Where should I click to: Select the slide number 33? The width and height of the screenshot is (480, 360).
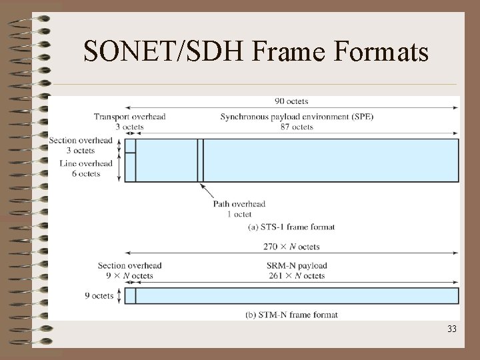451,329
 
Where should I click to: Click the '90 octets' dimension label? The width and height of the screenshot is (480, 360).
291,101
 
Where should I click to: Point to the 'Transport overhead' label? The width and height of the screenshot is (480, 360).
129,117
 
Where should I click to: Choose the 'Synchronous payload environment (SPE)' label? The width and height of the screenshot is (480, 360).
297,117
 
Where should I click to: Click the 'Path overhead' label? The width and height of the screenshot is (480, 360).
239,204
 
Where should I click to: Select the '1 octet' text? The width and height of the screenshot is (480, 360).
239,214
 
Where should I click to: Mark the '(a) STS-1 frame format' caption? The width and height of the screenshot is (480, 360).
291,227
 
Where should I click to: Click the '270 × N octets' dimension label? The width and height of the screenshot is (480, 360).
291,247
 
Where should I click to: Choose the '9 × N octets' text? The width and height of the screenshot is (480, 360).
129,275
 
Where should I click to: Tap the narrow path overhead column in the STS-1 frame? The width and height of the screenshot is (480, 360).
200,160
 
